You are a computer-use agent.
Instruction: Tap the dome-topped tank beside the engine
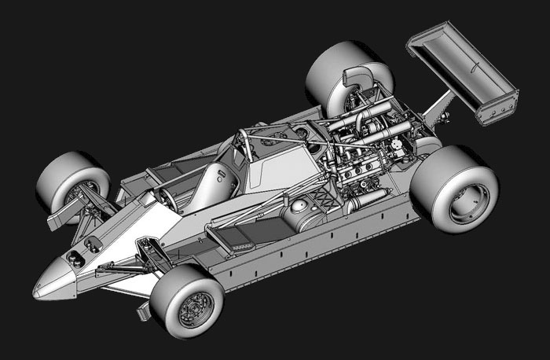coord(301,211)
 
